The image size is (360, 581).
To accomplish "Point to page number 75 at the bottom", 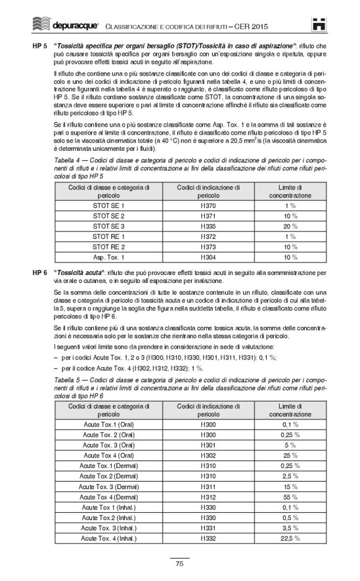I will click(x=179, y=564).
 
